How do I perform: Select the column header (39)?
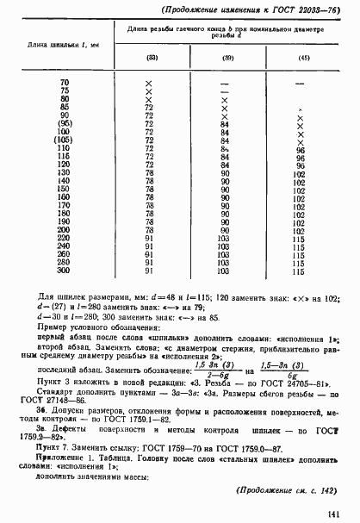coord(227,58)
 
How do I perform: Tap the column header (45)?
coord(302,58)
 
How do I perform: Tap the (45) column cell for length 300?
coord(300,271)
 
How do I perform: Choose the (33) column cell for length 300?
coord(149,271)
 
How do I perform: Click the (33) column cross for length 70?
coord(149,82)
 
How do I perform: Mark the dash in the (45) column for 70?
coord(301,83)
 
